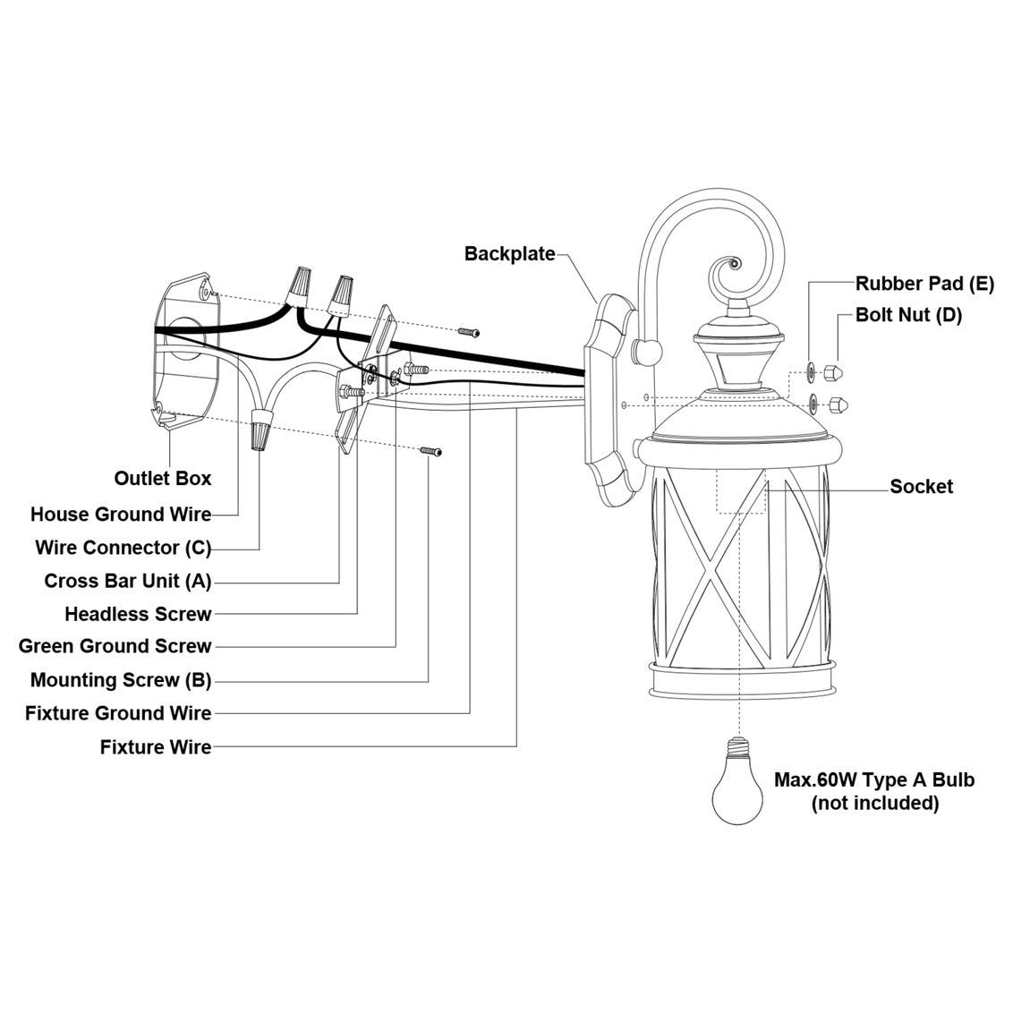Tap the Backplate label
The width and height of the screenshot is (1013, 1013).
[x=509, y=254]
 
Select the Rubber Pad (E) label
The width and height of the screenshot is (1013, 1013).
[x=924, y=285]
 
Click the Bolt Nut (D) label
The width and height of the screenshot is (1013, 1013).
[x=908, y=315]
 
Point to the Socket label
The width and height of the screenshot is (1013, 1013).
[x=921, y=487]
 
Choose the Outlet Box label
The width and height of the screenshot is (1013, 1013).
[x=163, y=478]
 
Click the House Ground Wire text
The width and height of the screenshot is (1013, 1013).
[x=121, y=515]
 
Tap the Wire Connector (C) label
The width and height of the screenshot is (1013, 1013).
[x=123, y=548]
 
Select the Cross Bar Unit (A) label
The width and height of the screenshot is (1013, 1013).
[x=128, y=581]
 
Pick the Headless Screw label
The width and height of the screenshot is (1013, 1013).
[x=138, y=614]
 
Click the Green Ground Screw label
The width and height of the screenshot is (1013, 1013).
[x=115, y=646]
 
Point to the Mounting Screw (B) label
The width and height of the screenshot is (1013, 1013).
[x=121, y=680]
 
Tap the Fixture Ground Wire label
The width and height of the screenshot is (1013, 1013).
[x=118, y=713]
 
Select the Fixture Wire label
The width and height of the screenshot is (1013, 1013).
[x=156, y=747]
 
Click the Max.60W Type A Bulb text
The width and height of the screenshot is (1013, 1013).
[x=874, y=779]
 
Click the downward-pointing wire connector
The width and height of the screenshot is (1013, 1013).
[x=260, y=430]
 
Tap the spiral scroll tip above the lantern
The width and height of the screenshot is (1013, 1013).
[x=732, y=265]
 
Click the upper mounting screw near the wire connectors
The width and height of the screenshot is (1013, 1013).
[x=469, y=332]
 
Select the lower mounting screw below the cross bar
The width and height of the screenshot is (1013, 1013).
[x=431, y=452]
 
